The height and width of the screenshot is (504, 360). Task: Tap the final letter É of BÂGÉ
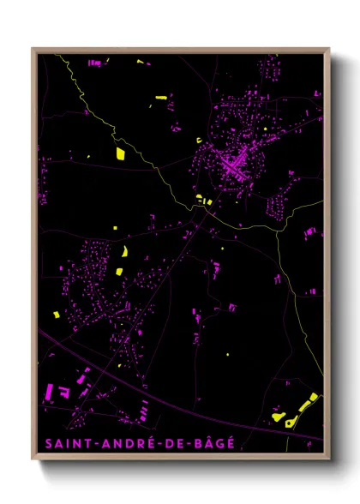click(228, 443)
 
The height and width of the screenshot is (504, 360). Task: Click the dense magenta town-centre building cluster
click(233, 160)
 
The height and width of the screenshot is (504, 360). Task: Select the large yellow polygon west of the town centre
click(120, 154)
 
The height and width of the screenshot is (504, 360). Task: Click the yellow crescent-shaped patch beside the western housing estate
click(125, 252)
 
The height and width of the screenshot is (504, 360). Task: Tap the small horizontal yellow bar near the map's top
click(159, 99)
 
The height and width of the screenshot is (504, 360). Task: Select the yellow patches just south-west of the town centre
click(203, 201)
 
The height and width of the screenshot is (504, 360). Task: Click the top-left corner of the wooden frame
click(33, 49)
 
